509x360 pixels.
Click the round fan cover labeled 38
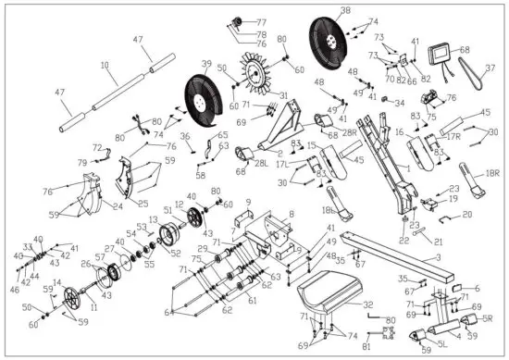tap(330, 41)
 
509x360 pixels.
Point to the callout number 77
tap(261, 21)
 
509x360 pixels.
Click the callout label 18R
tap(490, 172)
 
